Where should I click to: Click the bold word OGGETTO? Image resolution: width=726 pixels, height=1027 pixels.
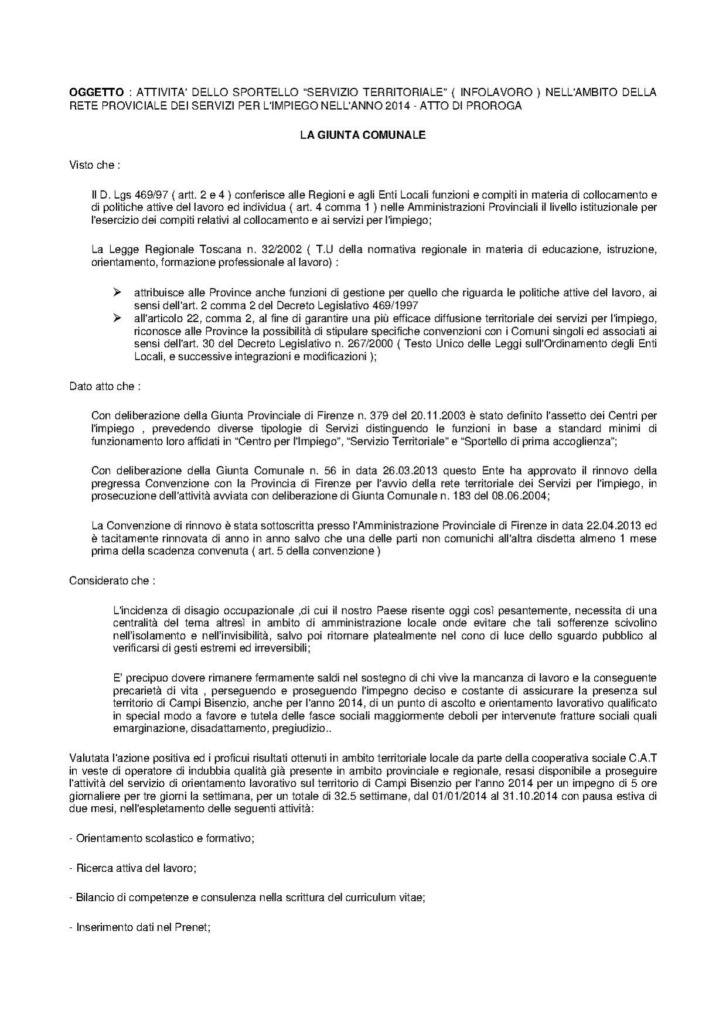pos(97,93)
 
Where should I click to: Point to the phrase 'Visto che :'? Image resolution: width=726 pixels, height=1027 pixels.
pos(95,165)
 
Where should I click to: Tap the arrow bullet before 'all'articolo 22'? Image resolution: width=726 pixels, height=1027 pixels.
pos(118,318)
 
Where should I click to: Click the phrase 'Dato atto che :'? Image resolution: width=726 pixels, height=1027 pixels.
pos(105,387)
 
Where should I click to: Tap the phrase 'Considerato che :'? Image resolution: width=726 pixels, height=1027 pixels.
pos(113,581)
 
